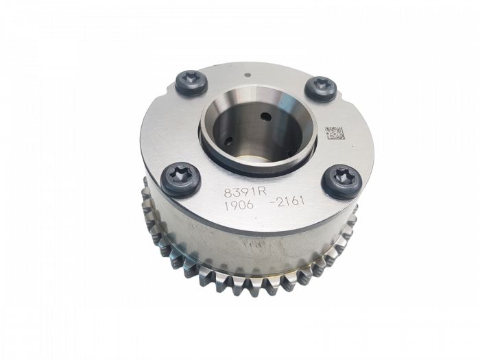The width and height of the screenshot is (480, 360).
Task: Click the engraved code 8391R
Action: pyautogui.click(x=245, y=191)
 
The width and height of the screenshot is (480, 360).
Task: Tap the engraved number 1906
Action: pyautogui.click(x=239, y=205)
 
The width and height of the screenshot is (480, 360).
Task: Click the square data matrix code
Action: pyautogui.click(x=333, y=133)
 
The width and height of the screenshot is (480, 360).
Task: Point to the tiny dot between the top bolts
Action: pyautogui.click(x=248, y=74)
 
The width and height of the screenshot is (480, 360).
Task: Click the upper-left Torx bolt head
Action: pyautogui.click(x=192, y=83)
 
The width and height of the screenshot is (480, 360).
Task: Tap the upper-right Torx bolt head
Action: pyautogui.click(x=321, y=88)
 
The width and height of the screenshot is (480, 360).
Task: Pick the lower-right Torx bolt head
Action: pyautogui.click(x=341, y=182)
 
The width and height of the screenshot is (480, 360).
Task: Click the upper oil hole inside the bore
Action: pyautogui.click(x=266, y=117)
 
